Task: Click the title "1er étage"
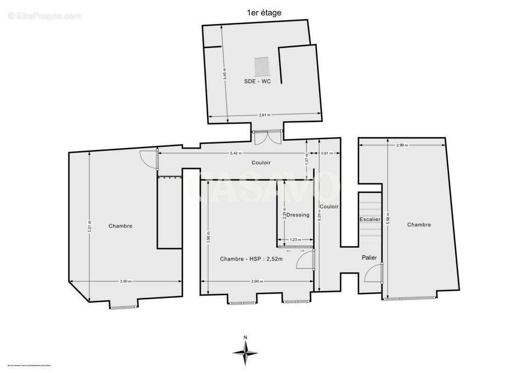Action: [x=264, y=13]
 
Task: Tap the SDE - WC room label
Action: [x=257, y=81]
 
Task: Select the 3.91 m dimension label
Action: [x=264, y=115]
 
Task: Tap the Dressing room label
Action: [x=297, y=215]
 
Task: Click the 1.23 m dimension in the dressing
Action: [x=294, y=240]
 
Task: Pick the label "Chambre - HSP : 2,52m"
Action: [x=251, y=259]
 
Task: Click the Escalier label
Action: [x=370, y=219]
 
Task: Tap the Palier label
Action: [x=369, y=257]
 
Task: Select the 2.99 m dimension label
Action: [x=402, y=145]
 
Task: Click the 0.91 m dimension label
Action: [x=328, y=153]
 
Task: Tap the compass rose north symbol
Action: [x=246, y=350]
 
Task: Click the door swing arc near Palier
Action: [x=372, y=273]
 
